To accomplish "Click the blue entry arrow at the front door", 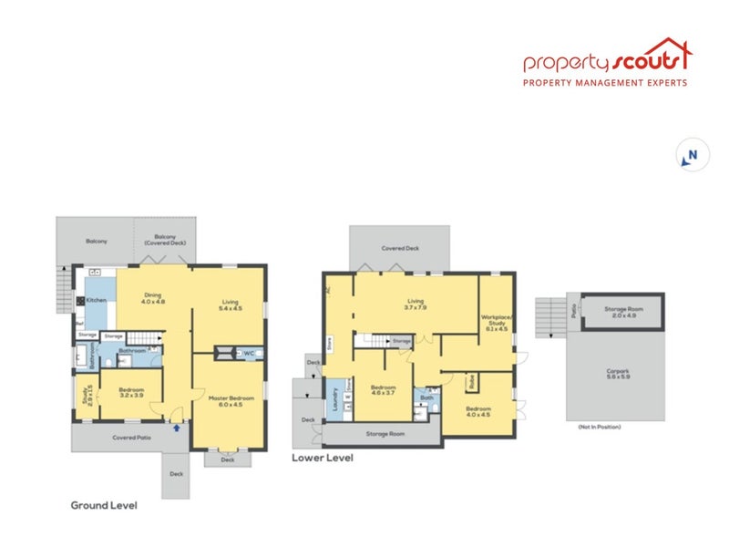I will [x=176, y=426].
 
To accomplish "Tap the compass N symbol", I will [x=689, y=156].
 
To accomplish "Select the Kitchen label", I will [x=97, y=299].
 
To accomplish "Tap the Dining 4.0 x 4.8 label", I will [x=154, y=297].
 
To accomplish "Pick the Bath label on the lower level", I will [x=426, y=397].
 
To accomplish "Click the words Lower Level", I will [x=322, y=459].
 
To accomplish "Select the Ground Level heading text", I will [x=104, y=504].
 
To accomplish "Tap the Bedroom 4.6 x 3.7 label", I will [x=383, y=391].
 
